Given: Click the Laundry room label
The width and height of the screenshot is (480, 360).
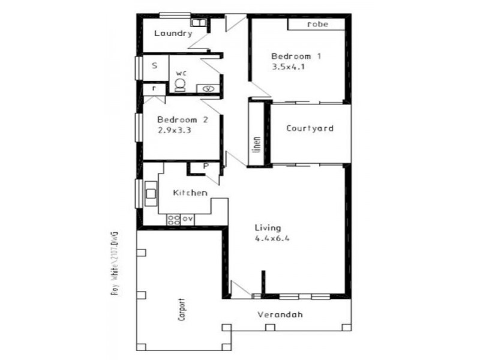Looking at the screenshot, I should tap(173, 34).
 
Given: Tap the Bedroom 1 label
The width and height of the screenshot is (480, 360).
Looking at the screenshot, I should tap(296, 56).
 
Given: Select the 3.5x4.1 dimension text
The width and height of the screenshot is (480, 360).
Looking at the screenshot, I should tap(289, 67).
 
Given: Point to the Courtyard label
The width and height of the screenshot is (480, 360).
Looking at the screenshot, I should tap(310, 128).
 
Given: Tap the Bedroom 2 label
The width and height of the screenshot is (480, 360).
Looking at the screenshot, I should tap(182, 120).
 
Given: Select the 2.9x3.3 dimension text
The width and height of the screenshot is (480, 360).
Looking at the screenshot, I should tap(174, 130).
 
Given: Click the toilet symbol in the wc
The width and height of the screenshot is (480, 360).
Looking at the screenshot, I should tap(179, 85).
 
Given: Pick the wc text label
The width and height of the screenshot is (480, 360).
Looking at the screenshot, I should tap(181, 73).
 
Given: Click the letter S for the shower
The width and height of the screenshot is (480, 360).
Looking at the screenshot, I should tap(154, 66).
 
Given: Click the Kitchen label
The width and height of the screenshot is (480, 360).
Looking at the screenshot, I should tap(190, 193).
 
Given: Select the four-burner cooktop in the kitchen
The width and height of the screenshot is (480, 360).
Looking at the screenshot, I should tap(173, 219).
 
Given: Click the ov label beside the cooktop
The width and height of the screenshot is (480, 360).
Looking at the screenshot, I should tap(187, 219).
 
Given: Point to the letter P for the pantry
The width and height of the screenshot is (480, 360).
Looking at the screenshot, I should tap(205, 166).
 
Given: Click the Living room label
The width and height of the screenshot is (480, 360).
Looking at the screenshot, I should tap(268, 227).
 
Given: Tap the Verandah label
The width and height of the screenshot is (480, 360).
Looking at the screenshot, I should tap(280, 314).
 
